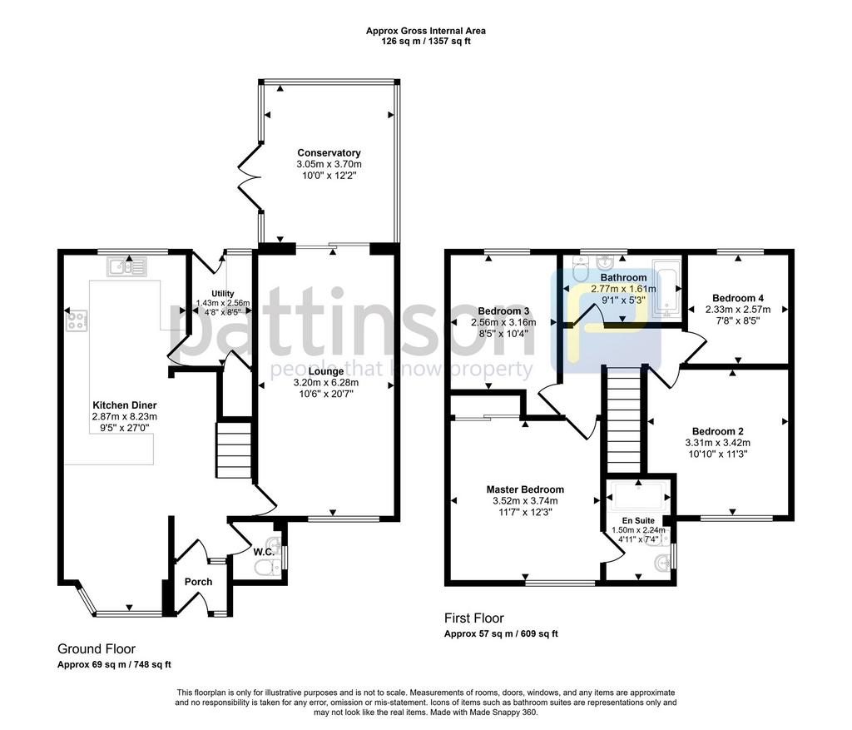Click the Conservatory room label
point(329,152)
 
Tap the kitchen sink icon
point(126,267)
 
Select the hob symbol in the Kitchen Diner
point(77,320)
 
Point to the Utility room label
point(223,294)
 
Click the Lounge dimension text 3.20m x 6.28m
point(326,383)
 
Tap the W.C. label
point(264,552)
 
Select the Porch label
point(198,582)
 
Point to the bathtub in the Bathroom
point(666,288)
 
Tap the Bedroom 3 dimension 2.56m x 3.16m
point(503,322)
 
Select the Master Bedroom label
point(525,489)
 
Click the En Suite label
point(638,520)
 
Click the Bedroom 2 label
point(718,432)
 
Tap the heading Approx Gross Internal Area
point(425,31)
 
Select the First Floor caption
point(473,618)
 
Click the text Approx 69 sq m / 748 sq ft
point(114,664)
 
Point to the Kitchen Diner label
point(125,405)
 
